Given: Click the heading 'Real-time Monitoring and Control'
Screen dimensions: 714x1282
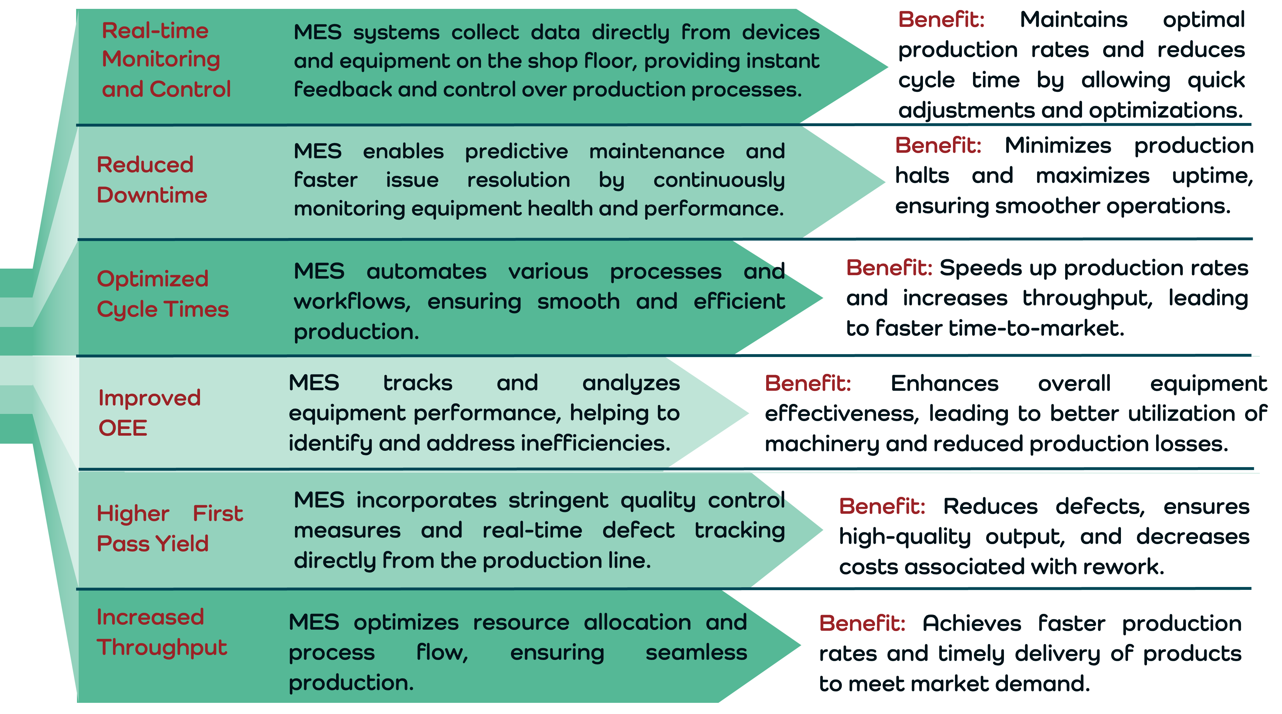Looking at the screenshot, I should (x=166, y=60).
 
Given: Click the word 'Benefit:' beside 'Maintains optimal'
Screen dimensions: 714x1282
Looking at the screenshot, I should (x=941, y=20).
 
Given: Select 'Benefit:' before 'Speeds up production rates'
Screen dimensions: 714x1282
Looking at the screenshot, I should (x=889, y=268).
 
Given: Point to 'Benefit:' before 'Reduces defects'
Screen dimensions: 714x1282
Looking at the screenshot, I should (x=882, y=507).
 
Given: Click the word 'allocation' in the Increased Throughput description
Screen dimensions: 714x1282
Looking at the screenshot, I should (x=637, y=622).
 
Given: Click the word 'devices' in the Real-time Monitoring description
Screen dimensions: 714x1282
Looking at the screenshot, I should (x=780, y=33).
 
